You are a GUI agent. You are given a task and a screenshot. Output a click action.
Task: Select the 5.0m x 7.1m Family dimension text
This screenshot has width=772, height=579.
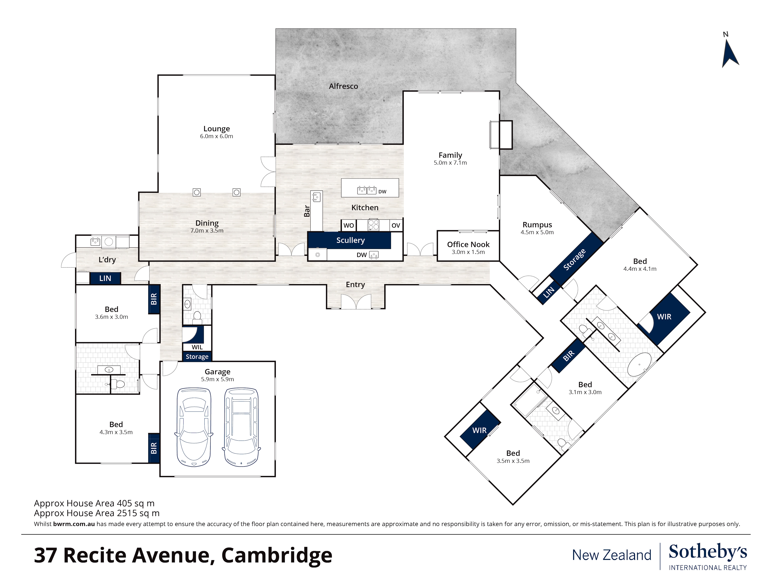(450, 163)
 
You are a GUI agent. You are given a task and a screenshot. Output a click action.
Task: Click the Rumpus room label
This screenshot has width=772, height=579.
(537, 225)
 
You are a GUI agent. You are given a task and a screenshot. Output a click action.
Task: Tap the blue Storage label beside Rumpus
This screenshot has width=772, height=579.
(574, 260)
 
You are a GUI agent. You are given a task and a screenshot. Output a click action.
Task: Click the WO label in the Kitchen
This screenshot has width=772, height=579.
(348, 225)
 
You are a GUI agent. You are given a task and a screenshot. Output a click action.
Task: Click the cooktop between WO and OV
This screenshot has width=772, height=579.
(373, 225)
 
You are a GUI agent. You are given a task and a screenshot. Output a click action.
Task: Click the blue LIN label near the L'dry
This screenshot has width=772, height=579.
(105, 278)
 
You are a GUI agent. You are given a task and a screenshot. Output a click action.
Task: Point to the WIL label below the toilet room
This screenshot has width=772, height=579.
(197, 347)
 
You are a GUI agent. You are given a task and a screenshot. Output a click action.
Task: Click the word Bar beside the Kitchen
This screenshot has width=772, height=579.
(307, 211)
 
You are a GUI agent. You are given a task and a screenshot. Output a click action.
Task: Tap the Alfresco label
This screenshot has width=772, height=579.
(343, 86)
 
